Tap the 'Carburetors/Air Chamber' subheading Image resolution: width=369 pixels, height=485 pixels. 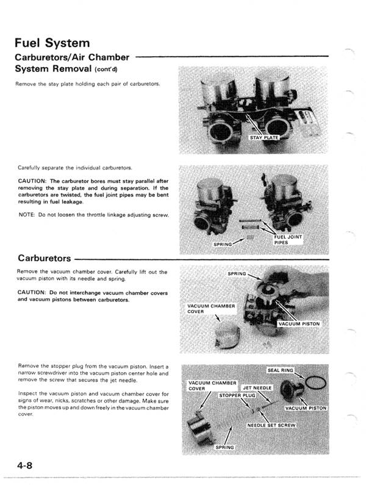click(x=72, y=57)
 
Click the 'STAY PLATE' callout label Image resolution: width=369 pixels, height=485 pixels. click(x=264, y=138)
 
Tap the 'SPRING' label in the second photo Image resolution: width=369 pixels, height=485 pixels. click(x=222, y=245)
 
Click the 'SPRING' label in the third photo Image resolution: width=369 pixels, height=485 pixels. click(x=236, y=273)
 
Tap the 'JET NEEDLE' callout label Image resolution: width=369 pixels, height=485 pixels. click(x=257, y=388)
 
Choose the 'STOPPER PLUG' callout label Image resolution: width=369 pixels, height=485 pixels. click(x=237, y=395)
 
